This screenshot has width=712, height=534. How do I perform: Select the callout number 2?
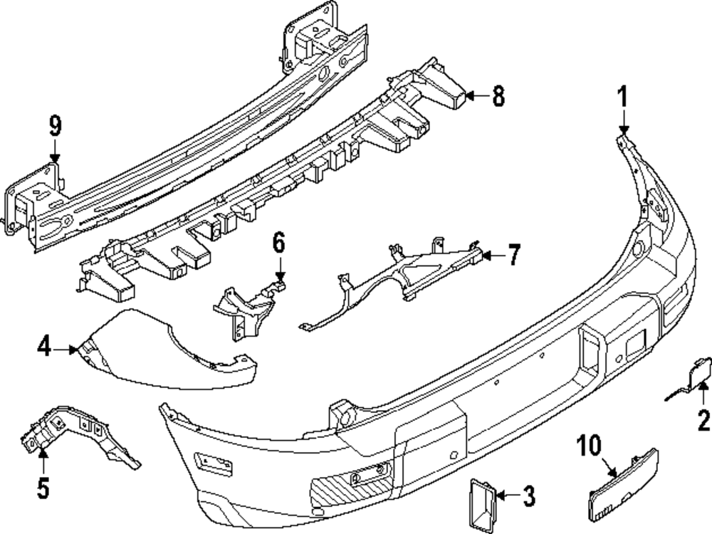[704, 421]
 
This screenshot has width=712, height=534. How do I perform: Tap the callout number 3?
[528, 496]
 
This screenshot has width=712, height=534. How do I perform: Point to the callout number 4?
[45, 349]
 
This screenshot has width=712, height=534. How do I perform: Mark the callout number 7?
[513, 254]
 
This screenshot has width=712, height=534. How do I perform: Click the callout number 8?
[497, 95]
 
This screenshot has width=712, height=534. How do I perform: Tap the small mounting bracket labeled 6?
[246, 305]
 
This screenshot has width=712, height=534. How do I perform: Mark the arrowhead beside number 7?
[486, 253]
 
